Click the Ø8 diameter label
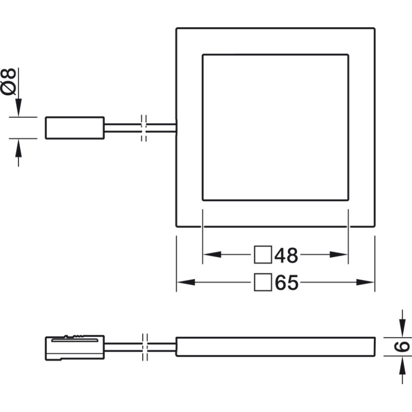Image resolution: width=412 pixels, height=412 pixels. coord(8,81)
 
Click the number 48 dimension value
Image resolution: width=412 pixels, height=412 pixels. coord(286,255)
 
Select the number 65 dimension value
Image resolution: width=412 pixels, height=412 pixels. coord(287,283)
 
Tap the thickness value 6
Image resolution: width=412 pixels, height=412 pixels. coord(402,347)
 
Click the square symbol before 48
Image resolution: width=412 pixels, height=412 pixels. coord(263,254)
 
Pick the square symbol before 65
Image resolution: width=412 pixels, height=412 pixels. coord(263,282)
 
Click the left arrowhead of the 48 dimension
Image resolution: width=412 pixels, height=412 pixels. coord(212,254)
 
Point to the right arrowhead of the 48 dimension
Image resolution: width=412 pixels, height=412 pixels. coord(339,254)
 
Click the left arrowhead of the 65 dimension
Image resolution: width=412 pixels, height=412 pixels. coord(186,282)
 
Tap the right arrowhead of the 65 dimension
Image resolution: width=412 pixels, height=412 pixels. coord(365,282)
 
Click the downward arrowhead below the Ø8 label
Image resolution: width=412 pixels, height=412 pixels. coord(19,108)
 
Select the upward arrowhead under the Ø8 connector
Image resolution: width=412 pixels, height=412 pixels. coord(19,148)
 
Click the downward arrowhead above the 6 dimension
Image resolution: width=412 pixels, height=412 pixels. coord(402,328)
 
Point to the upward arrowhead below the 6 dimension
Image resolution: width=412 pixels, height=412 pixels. coord(402,365)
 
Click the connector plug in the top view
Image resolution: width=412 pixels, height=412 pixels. coord(75,128)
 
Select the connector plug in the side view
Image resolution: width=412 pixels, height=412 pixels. coord(75,348)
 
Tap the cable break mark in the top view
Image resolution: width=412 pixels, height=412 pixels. coord(144,128)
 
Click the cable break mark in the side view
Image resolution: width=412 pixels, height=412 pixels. coord(145,347)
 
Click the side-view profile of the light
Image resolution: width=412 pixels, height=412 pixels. coord(276,347)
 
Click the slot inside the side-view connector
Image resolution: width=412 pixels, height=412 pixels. coord(75,340)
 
